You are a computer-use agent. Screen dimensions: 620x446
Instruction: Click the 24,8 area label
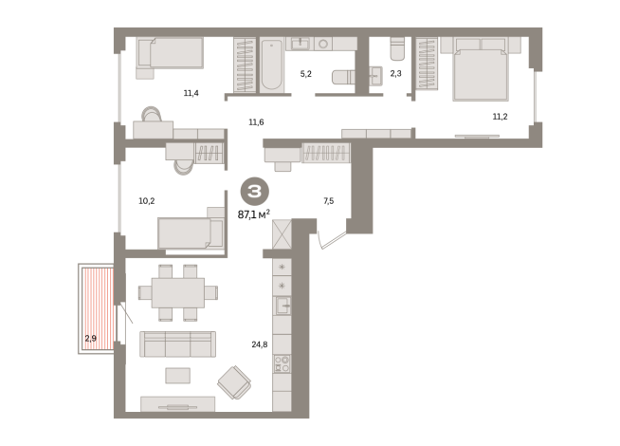[x=260, y=344]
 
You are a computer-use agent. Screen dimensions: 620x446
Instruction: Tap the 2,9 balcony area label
[x=91, y=339]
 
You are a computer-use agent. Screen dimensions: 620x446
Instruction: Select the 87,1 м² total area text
[x=254, y=214]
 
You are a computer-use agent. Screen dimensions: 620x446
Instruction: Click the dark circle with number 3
[x=255, y=192]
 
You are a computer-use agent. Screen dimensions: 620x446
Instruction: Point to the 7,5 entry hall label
[x=329, y=201]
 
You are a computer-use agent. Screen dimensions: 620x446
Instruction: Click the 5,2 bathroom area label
[x=305, y=74]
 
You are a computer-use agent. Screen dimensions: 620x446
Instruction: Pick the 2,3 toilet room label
[x=396, y=73]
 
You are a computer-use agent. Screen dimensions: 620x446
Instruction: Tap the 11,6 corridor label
[x=256, y=122]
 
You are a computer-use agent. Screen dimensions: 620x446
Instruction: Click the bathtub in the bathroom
[x=271, y=65]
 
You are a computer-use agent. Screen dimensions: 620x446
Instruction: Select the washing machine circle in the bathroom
[x=323, y=44]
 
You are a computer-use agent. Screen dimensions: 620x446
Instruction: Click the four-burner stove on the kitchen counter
[x=282, y=363]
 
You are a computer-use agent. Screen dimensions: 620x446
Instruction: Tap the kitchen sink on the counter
[x=283, y=306]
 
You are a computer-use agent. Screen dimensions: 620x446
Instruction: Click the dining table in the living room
[x=178, y=292]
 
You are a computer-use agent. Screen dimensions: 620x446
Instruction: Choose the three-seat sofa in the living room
[x=177, y=344]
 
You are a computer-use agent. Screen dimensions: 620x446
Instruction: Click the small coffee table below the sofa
[x=178, y=376]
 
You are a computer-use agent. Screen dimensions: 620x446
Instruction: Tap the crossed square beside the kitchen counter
[x=282, y=234]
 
